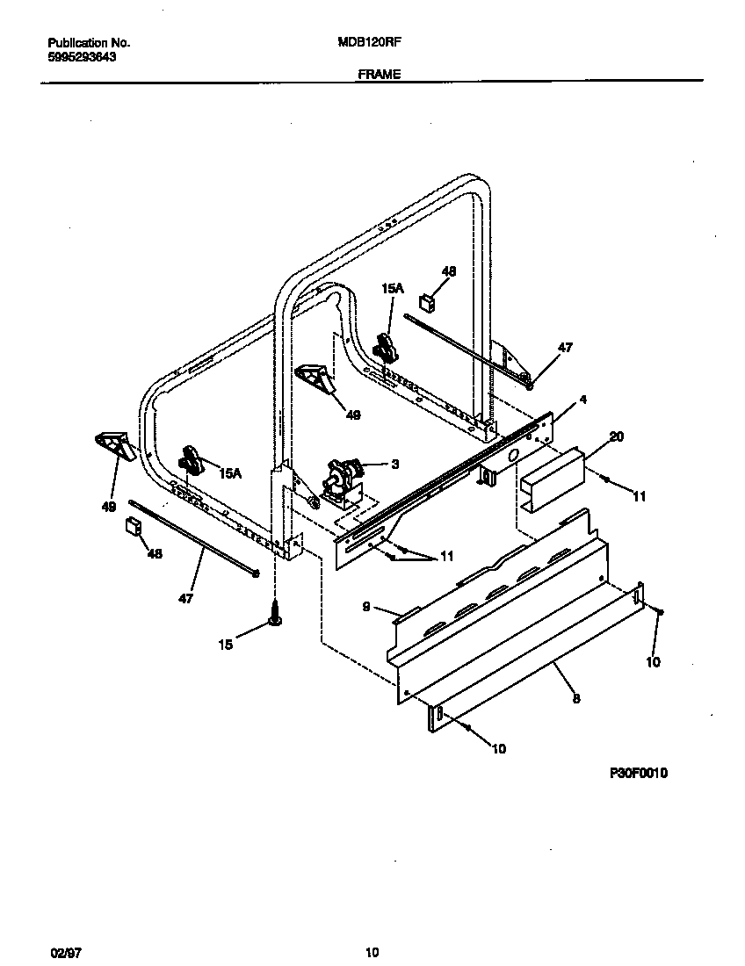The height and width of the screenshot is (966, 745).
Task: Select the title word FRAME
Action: pos(379,75)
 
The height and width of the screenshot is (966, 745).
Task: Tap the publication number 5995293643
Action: pos(82,56)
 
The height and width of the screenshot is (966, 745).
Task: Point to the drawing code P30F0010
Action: pos(639,774)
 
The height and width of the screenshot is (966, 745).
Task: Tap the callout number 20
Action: pos(616,436)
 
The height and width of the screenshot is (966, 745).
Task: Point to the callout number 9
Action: pos(365,606)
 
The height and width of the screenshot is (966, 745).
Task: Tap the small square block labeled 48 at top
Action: pos(428,303)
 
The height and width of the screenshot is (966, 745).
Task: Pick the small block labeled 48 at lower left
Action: pos(134,526)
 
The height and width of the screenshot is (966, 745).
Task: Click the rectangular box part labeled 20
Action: pos(551,479)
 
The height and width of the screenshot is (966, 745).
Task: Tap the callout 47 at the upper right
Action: pos(565,348)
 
